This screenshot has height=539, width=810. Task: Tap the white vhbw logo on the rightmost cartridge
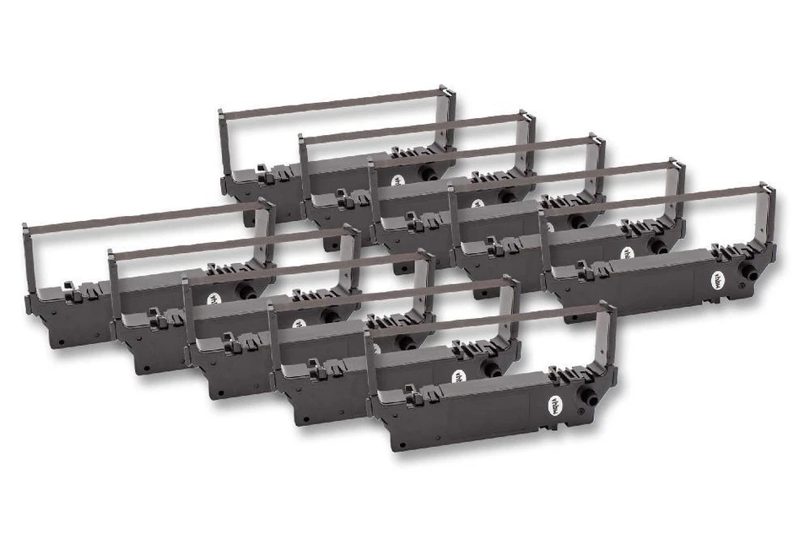(x=720, y=278)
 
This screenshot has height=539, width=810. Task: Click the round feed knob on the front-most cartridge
(x=588, y=393)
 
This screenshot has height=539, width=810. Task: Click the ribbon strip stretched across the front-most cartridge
(x=489, y=321)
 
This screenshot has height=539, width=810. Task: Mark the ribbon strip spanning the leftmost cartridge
(x=143, y=216)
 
